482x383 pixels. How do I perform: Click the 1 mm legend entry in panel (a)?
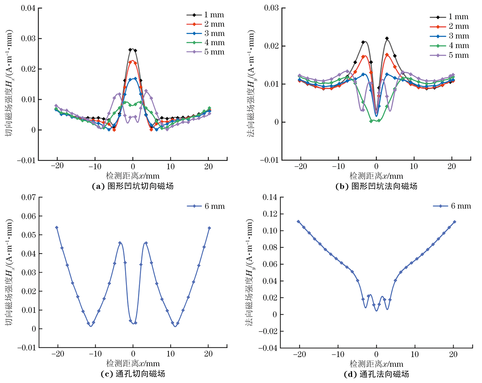coord(205,15)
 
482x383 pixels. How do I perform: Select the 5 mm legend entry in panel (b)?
coord(450,55)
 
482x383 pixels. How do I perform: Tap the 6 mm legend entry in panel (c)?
coord(206,206)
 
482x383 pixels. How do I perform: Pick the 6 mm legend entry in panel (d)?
coord(452,206)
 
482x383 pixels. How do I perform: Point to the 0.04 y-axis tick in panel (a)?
coord(28,8)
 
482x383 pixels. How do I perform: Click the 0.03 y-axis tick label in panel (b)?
coord(271,8)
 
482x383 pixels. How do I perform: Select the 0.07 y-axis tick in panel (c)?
coord(28,197)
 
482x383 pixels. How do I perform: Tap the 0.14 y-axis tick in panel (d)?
coord(270,197)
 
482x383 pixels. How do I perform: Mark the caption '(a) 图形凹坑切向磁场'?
coord(133,186)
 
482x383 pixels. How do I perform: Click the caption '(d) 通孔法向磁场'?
coord(376,374)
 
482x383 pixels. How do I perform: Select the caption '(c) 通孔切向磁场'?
coord(133,374)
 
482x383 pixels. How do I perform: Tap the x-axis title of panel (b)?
coord(376,176)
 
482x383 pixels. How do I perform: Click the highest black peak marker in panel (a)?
coord(130,50)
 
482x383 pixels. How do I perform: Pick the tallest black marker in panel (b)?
coord(387,39)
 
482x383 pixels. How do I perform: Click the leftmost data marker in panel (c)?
coord(57,228)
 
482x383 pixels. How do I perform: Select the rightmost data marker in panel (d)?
coord(454,222)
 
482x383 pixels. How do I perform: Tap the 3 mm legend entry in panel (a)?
coord(205,34)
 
